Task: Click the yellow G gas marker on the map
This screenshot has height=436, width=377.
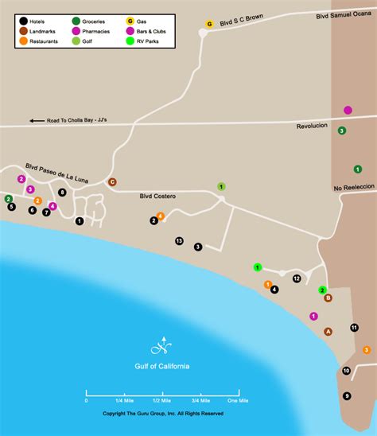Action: pyautogui.click(x=209, y=25)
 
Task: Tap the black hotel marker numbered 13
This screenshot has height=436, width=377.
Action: pyautogui.click(x=179, y=240)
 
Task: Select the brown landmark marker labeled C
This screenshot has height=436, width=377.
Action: pyautogui.click(x=112, y=181)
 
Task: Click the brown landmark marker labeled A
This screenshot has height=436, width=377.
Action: pyautogui.click(x=328, y=332)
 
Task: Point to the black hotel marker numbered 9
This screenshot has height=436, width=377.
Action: pyautogui.click(x=347, y=396)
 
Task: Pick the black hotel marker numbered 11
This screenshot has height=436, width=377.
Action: pyautogui.click(x=354, y=328)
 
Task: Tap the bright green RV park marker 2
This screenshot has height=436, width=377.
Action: pyautogui.click(x=322, y=290)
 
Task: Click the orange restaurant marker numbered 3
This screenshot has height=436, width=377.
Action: pyautogui.click(x=367, y=349)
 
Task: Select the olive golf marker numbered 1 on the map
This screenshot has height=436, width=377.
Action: pyautogui.click(x=221, y=186)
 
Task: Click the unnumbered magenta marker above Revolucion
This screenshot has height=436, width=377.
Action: pyautogui.click(x=348, y=110)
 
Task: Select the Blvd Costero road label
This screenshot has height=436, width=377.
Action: pyautogui.click(x=158, y=195)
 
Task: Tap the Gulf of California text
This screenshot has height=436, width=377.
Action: pyautogui.click(x=161, y=367)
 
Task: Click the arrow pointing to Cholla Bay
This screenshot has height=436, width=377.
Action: pyautogui.click(x=37, y=121)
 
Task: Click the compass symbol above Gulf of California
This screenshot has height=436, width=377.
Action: pyautogui.click(x=161, y=347)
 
